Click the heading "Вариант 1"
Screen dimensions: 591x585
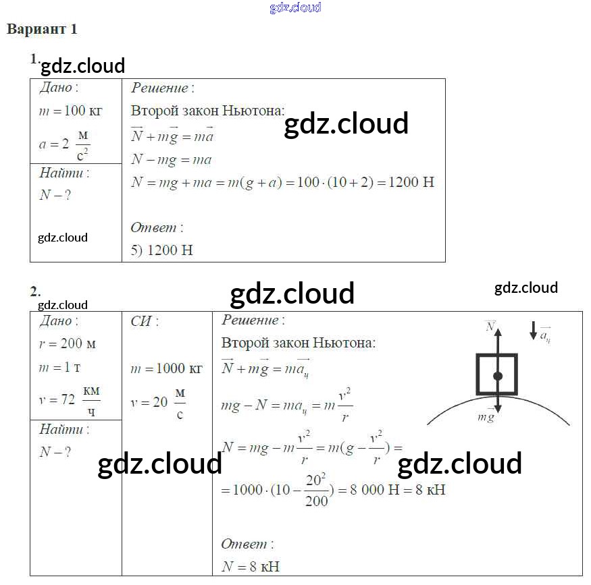point(42,30)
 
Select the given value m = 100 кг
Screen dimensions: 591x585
point(70,112)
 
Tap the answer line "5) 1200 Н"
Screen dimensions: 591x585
point(162,250)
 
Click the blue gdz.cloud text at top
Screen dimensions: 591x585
point(295,7)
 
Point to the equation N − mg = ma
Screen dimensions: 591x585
point(172,160)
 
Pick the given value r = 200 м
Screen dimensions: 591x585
point(68,343)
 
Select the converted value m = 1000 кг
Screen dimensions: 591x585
point(166,368)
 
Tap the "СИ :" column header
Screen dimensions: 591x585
point(145,321)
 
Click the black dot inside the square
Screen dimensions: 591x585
point(498,376)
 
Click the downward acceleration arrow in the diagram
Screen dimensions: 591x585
point(534,331)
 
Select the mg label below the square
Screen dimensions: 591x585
point(486,418)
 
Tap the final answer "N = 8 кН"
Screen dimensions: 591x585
point(251,567)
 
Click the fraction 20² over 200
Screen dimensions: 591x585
point(316,491)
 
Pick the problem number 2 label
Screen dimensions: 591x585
point(34,291)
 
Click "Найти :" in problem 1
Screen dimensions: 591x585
point(64,173)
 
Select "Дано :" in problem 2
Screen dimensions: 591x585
point(59,321)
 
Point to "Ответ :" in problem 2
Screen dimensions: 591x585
point(248,544)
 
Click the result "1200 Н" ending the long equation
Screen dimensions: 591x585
point(411,183)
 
